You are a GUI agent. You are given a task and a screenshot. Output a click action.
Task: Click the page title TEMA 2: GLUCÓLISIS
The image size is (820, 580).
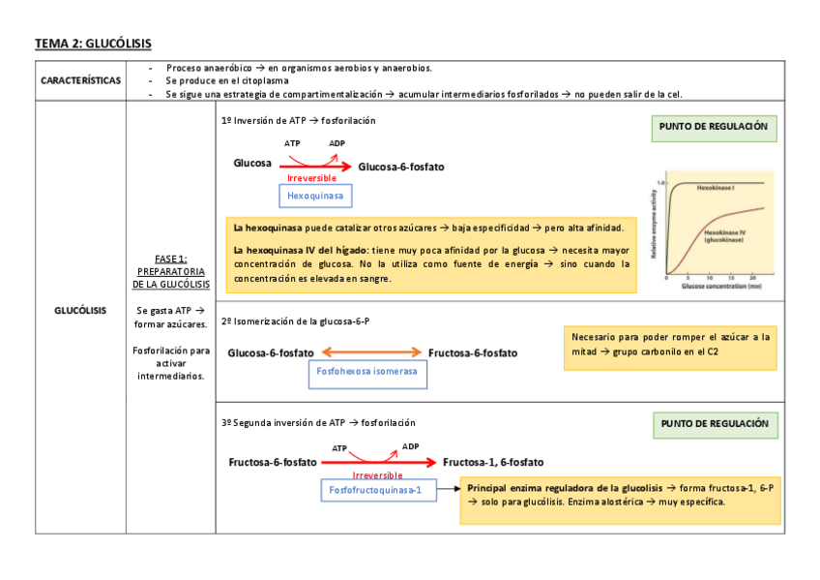(94, 44)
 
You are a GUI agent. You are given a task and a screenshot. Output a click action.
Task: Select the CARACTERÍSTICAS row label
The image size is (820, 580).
(80, 80)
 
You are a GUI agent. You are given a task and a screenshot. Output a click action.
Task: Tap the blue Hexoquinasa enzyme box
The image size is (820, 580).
(315, 196)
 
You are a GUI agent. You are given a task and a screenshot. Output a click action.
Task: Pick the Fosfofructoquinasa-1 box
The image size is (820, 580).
(376, 491)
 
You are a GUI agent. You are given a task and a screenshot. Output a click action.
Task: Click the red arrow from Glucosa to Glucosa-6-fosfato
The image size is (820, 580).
(316, 167)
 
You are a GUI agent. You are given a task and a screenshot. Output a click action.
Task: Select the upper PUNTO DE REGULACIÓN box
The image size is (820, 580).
(715, 128)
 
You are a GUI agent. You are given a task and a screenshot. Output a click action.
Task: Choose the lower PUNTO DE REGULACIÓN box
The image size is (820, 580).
(715, 424)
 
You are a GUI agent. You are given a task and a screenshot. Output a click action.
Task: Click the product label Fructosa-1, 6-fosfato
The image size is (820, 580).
(493, 462)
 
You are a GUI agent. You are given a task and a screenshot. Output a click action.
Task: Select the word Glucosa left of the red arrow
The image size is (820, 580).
(252, 164)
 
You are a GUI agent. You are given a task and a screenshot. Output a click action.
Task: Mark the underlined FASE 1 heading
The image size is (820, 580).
(171, 259)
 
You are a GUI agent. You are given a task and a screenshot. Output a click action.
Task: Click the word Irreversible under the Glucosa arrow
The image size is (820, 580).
(311, 179)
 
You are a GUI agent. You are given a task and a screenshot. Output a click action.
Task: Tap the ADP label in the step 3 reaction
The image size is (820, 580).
(411, 447)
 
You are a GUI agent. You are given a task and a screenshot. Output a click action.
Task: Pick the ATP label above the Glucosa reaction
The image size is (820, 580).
(292, 143)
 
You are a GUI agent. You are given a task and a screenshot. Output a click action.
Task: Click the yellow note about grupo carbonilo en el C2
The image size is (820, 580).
(670, 346)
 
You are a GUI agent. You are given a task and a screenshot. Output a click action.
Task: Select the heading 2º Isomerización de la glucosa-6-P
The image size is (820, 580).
(296, 321)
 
